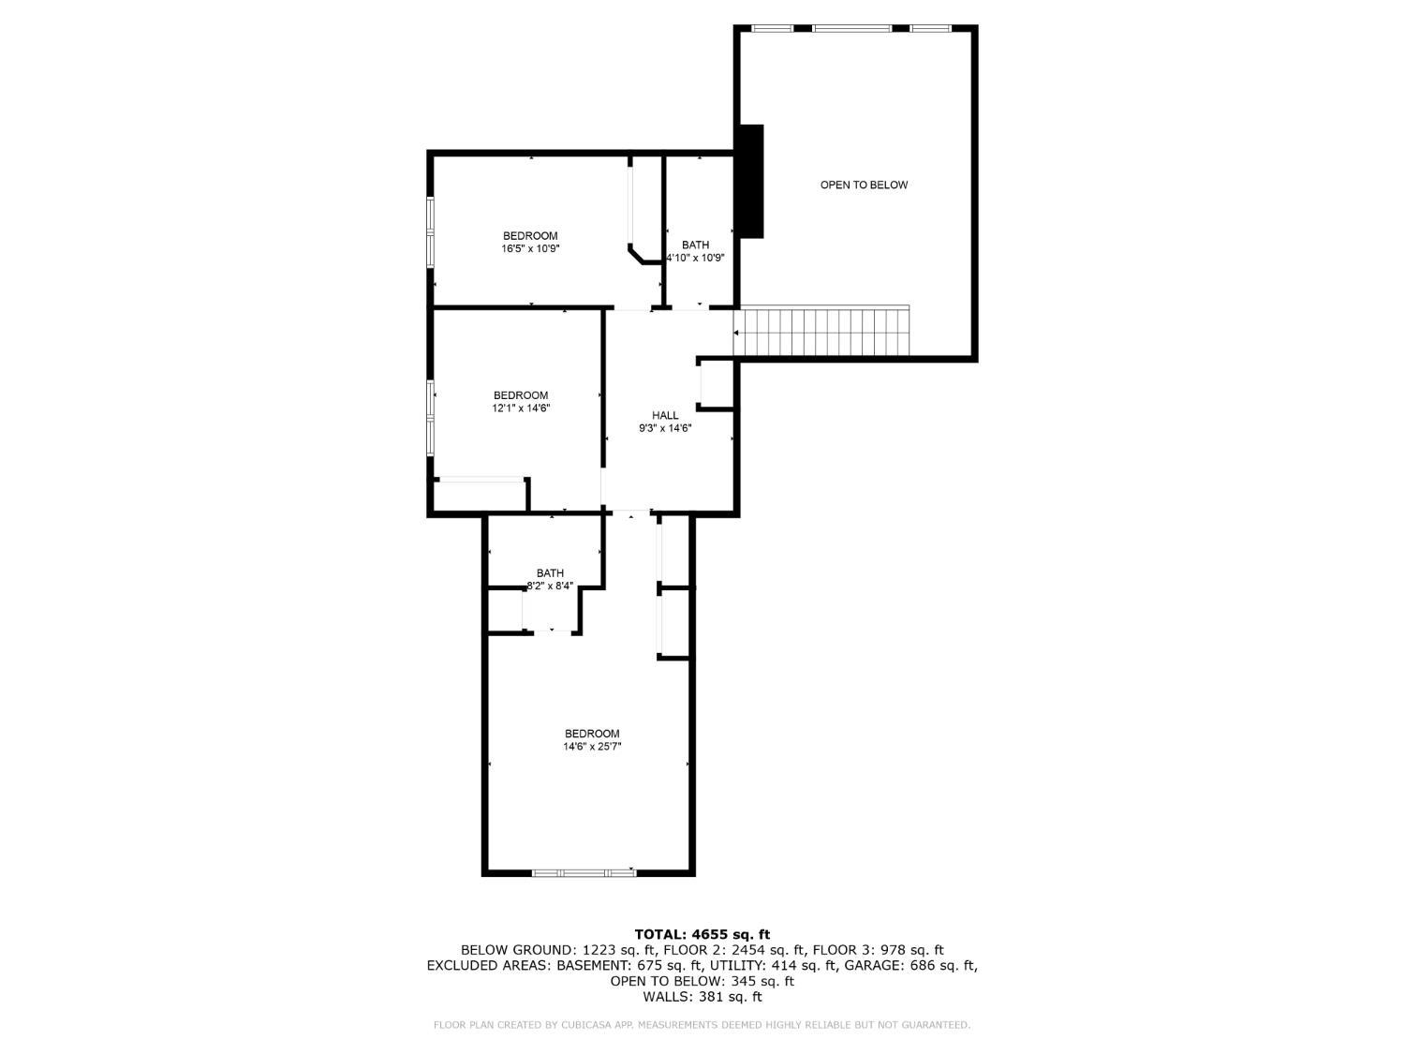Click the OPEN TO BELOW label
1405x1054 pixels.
[864, 185]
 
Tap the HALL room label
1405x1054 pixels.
[665, 415]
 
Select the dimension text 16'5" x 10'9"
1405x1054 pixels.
[530, 248]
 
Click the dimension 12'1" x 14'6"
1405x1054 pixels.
[521, 408]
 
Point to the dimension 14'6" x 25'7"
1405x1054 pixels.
[592, 746]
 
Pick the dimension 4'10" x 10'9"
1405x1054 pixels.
[695, 258]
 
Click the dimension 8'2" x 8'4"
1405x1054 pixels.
[550, 586]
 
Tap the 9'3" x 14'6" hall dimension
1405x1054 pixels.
[665, 428]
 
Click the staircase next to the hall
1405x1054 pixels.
[821, 331]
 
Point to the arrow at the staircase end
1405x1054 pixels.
[736, 333]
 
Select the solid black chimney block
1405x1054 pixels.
[751, 181]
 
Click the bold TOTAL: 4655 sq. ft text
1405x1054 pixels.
[702, 934]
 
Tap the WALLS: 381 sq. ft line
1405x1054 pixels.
[702, 997]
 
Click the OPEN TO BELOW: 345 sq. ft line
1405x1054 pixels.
[702, 981]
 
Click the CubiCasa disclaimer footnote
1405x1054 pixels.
[702, 1025]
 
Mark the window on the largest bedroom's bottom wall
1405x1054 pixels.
[584, 872]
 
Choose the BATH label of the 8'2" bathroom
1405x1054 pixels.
[550, 573]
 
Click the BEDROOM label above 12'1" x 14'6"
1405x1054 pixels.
[521, 395]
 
